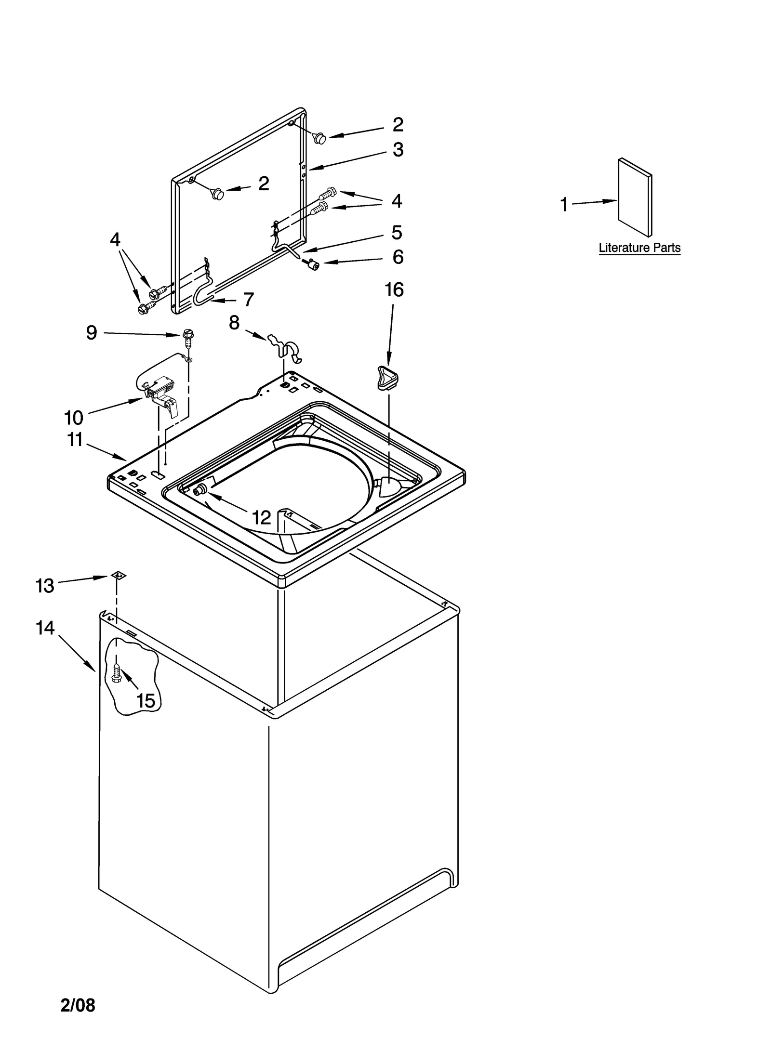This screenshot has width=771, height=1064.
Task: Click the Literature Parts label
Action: tap(639, 248)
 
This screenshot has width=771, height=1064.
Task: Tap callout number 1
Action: tap(564, 205)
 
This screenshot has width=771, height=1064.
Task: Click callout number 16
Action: tap(394, 290)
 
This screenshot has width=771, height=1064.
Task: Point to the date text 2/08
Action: tap(78, 1005)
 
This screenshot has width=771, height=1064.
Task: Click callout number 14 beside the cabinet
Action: tap(45, 628)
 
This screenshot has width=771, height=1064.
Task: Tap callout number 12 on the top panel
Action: tap(261, 518)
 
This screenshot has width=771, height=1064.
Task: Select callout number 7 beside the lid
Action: tap(248, 300)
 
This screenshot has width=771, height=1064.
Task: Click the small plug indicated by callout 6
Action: tap(315, 264)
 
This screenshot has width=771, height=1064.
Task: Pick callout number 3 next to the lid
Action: tap(398, 150)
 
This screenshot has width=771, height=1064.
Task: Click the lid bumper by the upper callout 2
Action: tap(319, 138)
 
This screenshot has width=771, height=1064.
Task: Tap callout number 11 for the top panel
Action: tap(75, 439)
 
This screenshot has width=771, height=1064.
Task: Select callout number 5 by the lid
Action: tap(397, 233)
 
